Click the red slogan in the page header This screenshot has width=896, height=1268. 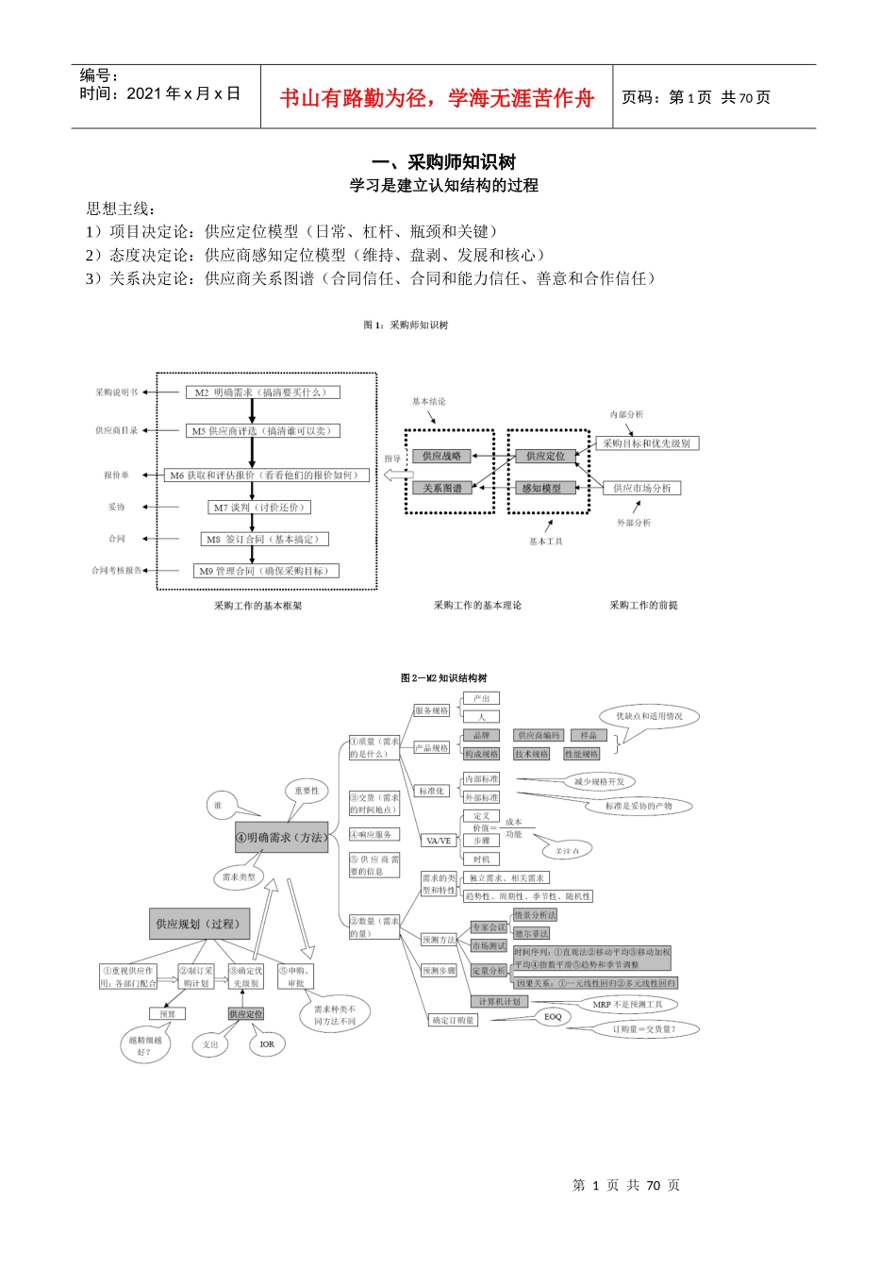(x=437, y=98)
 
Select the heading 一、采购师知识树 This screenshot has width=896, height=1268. (x=443, y=162)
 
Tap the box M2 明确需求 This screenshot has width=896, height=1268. (x=262, y=392)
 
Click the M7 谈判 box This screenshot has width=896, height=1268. (x=258, y=508)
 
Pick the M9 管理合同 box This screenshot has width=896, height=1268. (x=267, y=571)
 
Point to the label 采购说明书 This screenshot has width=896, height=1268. (x=116, y=392)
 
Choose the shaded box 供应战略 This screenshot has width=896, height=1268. (x=441, y=456)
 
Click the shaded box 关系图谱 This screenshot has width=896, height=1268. (x=441, y=488)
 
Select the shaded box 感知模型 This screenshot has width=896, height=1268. (x=542, y=488)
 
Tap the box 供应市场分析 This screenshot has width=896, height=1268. (x=641, y=488)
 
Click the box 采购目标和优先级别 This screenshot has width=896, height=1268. (x=647, y=443)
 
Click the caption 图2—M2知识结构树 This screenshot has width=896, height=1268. (x=443, y=677)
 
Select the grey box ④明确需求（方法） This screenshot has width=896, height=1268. (x=281, y=838)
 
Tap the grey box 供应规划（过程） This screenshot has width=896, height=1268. (x=198, y=924)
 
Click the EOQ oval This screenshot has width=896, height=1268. (x=553, y=1017)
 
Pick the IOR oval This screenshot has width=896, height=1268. (x=267, y=1044)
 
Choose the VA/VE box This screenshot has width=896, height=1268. (x=439, y=841)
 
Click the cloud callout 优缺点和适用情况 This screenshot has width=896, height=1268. (x=649, y=717)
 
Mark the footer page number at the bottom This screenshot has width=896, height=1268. (x=626, y=1186)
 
